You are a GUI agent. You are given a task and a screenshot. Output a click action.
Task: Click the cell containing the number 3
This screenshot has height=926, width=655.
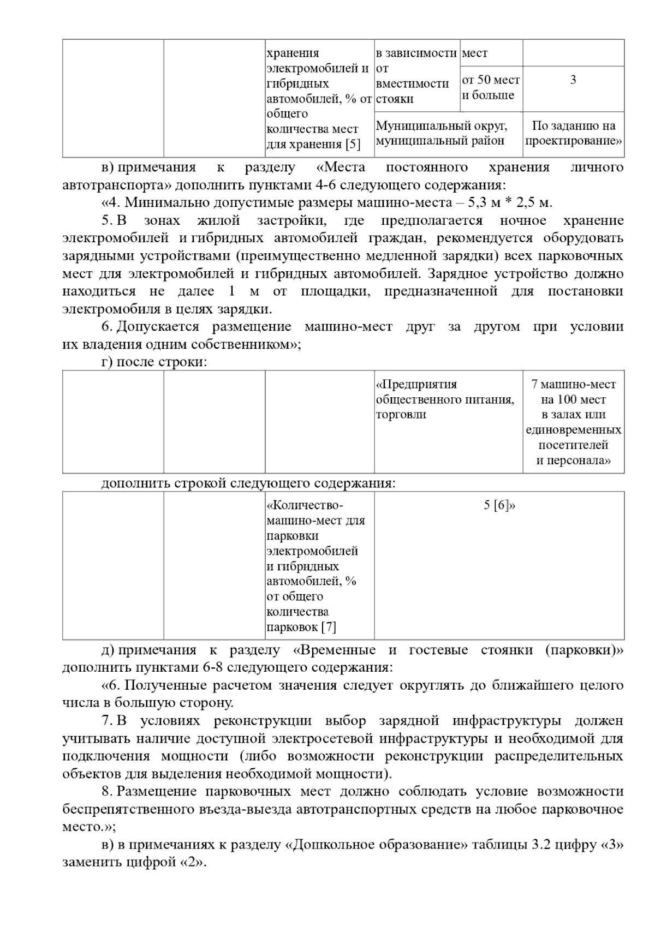(573, 80)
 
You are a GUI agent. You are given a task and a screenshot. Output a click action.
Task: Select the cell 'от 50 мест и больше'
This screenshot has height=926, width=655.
(491, 88)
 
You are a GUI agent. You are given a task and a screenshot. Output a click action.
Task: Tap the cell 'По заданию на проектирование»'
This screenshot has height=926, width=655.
(573, 133)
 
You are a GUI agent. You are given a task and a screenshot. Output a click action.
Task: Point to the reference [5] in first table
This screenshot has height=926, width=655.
(353, 145)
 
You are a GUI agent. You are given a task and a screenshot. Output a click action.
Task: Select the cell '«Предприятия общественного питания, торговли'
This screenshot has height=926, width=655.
(445, 399)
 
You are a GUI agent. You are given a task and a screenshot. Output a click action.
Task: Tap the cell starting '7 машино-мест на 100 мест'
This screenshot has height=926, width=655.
(573, 422)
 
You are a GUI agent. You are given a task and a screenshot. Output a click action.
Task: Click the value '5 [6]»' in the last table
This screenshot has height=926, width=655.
(499, 505)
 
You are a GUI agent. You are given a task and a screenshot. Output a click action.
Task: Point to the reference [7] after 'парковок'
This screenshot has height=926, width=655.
(329, 627)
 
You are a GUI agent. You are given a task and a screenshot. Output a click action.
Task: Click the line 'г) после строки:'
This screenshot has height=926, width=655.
(154, 362)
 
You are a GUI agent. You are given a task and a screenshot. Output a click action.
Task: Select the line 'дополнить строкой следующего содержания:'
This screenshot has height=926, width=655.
(248, 483)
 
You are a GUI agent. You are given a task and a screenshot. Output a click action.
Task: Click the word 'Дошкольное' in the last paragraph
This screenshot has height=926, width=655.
(331, 845)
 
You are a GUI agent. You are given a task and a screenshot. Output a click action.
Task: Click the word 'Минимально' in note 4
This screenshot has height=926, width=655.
(157, 202)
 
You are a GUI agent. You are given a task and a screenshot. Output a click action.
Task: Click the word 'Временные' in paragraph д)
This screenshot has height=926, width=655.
(338, 650)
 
